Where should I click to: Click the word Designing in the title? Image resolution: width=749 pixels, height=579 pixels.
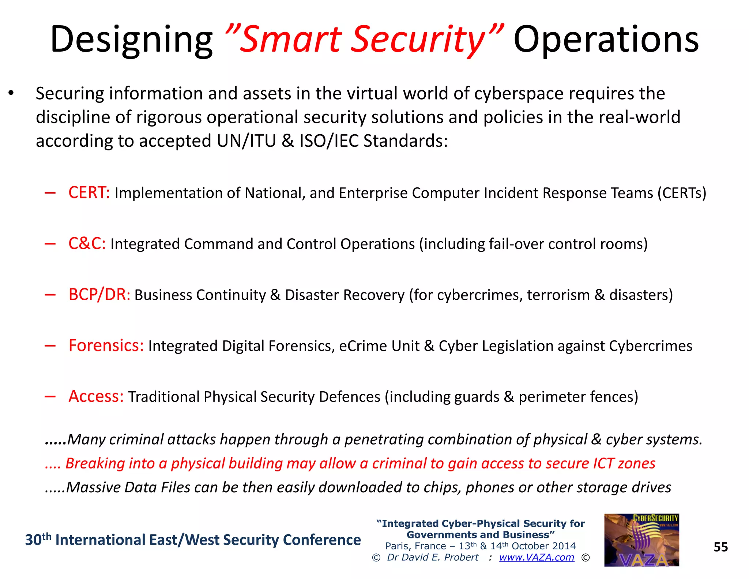131,40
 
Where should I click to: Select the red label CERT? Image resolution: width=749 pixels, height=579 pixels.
89,193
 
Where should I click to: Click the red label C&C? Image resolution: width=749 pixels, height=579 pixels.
87,244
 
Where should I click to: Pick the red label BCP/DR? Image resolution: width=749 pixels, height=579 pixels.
99,295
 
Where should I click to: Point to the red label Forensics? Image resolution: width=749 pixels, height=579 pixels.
106,345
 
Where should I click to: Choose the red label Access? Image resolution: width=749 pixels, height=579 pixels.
96,396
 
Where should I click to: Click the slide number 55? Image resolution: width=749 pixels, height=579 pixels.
720,547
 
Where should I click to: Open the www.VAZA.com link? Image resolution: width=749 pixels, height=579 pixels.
537,557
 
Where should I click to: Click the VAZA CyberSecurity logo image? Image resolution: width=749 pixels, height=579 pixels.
641,540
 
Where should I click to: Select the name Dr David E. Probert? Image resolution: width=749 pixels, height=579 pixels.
433,557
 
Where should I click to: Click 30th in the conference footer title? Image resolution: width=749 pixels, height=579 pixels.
38,540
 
